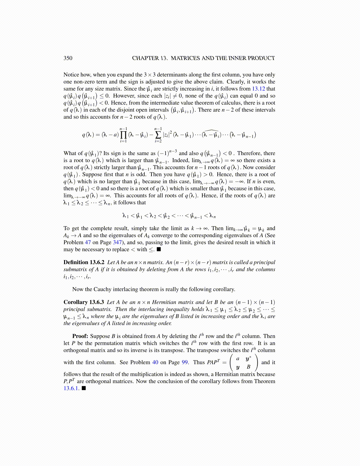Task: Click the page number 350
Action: coord(68,58)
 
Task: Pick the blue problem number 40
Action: coord(155,362)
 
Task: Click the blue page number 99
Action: coord(185,362)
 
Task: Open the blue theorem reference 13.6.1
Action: coord(71,388)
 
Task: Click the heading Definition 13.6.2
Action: coord(84,262)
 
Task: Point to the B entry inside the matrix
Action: coord(249,367)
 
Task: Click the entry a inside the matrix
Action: coord(238,359)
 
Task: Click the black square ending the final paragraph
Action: coord(84,388)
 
